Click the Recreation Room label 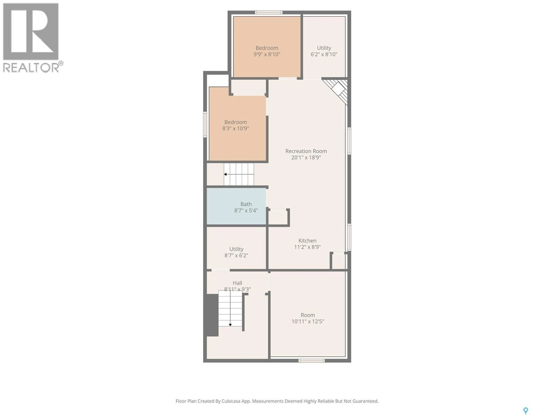pyautogui.click(x=306, y=151)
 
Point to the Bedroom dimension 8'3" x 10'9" pyautogui.click(x=235, y=129)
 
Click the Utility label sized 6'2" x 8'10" pyautogui.click(x=324, y=48)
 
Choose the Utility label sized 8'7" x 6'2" pyautogui.click(x=236, y=249)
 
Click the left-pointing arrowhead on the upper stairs pyautogui.click(x=225, y=174)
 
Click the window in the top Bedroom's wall pyautogui.click(x=269, y=12)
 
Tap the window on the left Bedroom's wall pyautogui.click(x=205, y=125)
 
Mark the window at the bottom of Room pyautogui.click(x=311, y=361)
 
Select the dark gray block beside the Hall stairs pyautogui.click(x=212, y=315)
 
